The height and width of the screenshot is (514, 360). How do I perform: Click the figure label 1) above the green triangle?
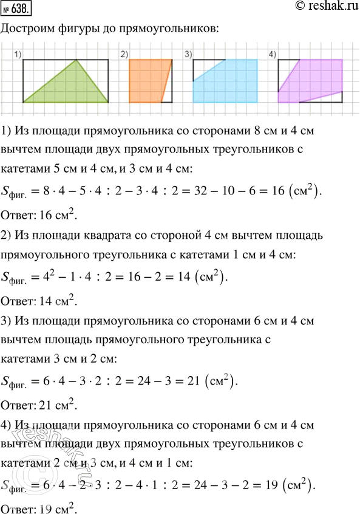18,55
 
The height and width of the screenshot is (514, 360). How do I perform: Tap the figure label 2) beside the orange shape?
124,55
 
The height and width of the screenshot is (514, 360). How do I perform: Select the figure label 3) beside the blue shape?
188,55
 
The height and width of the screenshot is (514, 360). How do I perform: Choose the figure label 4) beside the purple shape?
272,55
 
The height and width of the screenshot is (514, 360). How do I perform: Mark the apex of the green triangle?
76,60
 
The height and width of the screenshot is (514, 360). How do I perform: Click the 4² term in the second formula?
53,276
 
